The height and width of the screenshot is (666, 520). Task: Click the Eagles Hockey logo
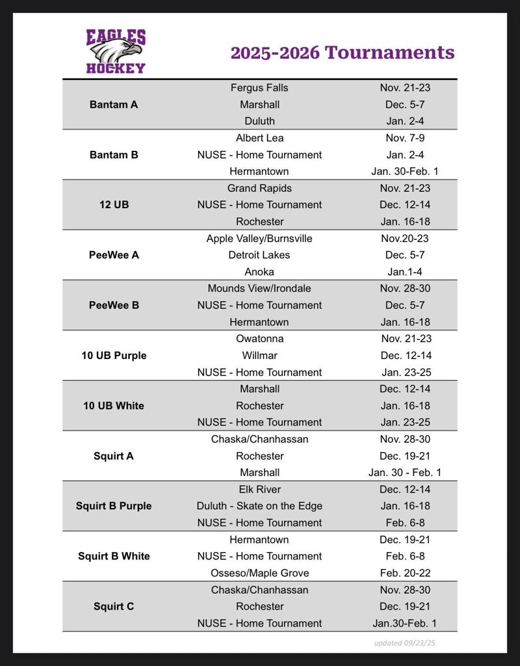pos(116,51)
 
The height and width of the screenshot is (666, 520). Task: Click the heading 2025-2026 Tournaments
pos(343,52)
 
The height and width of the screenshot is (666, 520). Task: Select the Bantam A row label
pos(114,104)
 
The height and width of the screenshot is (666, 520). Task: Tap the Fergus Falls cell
pos(259,88)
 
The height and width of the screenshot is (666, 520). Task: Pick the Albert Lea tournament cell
pos(259,138)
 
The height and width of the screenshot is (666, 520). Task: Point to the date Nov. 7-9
pos(405,138)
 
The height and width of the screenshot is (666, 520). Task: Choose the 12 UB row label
pos(114,205)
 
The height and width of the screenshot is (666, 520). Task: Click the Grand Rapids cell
pos(259,188)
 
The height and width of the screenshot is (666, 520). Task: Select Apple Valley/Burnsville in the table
pos(259,238)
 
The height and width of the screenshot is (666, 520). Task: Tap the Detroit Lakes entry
pos(259,255)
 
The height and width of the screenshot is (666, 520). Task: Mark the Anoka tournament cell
pos(259,272)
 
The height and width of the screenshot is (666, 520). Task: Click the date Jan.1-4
pos(405,272)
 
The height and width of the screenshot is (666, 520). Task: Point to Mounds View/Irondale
pos(259,288)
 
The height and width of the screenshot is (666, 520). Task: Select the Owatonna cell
pos(259,339)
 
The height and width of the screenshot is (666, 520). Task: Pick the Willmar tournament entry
pos(259,356)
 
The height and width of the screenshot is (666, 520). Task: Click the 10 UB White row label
pos(114,406)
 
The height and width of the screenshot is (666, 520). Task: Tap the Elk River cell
pos(259,489)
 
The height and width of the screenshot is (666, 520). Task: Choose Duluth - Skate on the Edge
pos(259,506)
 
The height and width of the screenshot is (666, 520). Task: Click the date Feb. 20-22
pos(405,573)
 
